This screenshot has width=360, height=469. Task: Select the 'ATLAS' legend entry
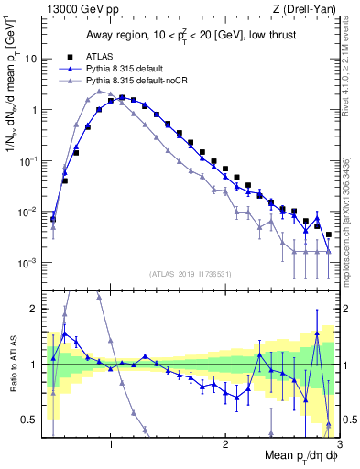pyautogui.click(x=99, y=56)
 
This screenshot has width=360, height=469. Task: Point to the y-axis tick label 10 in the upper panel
pyautogui.click(x=30, y=59)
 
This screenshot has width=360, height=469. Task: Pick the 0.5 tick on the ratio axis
pyautogui.click(x=29, y=420)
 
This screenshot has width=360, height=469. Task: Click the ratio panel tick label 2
pyautogui.click(x=34, y=309)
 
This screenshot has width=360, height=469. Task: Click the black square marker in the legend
pyautogui.click(x=64, y=56)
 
